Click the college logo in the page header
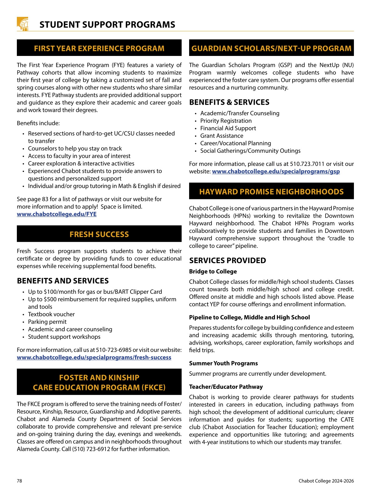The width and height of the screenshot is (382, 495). (x=22, y=24)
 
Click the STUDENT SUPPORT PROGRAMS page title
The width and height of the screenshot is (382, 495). (x=107, y=25)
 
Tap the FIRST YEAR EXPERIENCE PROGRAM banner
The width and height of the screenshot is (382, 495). (x=99, y=48)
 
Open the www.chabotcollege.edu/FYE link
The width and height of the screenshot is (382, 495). (x=56, y=214)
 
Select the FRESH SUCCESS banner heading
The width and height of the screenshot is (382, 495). (x=99, y=234)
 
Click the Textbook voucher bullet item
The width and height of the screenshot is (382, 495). (x=51, y=314)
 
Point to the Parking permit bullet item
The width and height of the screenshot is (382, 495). (x=47, y=322)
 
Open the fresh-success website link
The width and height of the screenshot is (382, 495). (x=94, y=357)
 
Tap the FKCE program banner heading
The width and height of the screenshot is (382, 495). (x=99, y=382)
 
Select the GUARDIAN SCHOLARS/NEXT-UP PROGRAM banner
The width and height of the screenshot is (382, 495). (x=271, y=48)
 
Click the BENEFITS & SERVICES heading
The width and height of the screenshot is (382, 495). (x=229, y=102)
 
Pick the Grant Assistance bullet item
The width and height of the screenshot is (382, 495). (x=222, y=136)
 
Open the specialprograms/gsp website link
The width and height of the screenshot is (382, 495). (x=276, y=171)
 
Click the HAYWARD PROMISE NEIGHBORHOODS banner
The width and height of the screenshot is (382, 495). (x=271, y=192)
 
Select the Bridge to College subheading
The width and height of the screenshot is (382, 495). (x=213, y=271)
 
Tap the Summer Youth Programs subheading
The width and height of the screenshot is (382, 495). (x=223, y=363)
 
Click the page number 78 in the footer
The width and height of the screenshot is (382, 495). (x=19, y=481)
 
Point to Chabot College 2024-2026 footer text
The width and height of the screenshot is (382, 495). (x=326, y=481)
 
